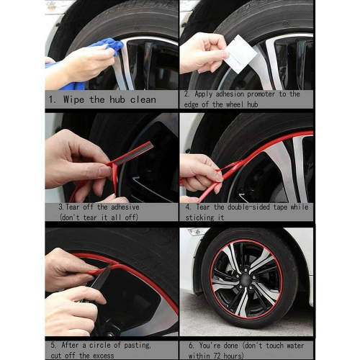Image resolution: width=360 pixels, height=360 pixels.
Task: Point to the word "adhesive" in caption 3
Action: [127, 207]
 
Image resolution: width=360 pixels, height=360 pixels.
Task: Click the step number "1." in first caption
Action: [52, 99]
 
